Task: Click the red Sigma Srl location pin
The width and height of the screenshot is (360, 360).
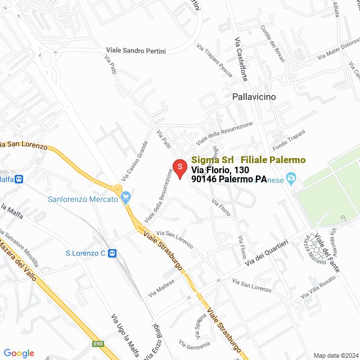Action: [x=179, y=168]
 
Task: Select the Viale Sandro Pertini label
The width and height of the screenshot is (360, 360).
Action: [x=136, y=51]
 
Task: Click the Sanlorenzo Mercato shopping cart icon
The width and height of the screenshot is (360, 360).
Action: [x=126, y=199]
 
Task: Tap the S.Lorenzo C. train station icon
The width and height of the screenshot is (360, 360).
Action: [x=112, y=254]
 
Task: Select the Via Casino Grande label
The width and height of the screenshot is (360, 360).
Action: [x=134, y=160]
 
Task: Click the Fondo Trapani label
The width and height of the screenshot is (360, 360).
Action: [x=289, y=137]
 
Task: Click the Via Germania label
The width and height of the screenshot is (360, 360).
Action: [x=194, y=344]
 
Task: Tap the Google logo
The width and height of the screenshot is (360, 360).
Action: [x=19, y=353]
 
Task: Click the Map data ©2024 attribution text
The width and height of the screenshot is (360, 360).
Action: [x=335, y=355]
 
